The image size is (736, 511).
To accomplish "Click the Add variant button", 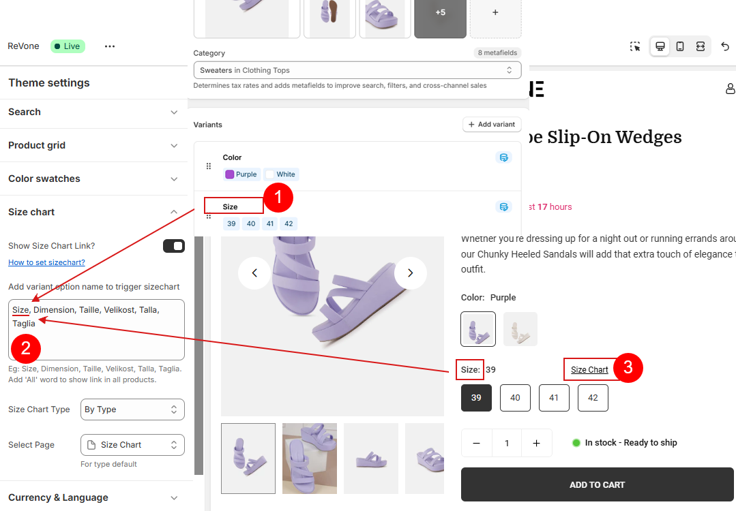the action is point(491,124).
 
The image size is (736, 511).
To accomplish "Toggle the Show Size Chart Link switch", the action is point(174,246).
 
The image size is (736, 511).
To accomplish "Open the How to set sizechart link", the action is point(46,262).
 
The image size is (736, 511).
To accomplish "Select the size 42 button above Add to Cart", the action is point(593,397).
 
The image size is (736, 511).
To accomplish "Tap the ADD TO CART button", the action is point(597,484).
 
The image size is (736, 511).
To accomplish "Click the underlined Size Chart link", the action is point(589,370).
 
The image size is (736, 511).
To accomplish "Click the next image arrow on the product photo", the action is point(410,273).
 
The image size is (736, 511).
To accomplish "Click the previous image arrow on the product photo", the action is point(254,273).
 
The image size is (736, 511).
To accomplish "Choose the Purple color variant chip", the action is point(241,174).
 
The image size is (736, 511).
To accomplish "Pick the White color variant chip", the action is point(281,174).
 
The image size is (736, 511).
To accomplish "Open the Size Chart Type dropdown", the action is point(132,409).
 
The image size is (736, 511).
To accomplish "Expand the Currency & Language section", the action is point(94,497).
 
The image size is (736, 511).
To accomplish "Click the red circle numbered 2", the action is point(26,348).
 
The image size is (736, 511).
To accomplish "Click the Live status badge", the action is point(68,46).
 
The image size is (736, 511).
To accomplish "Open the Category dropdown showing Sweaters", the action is point(357,70).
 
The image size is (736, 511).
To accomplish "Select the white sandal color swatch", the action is point(520,329).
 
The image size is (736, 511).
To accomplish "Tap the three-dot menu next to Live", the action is point(110,46).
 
